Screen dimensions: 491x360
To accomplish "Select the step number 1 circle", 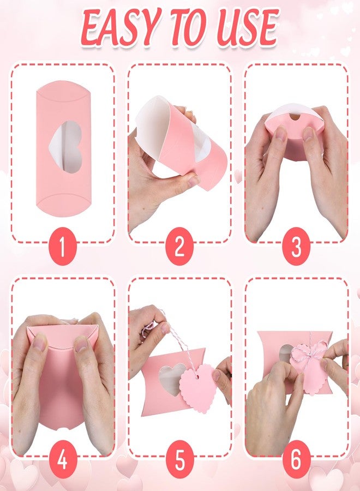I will point(62,248).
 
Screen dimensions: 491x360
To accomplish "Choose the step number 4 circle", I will point(62,462).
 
